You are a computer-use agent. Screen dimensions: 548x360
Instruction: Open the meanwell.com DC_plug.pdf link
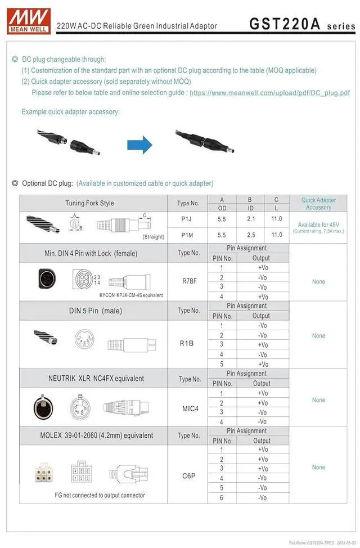pyautogui.click(x=269, y=93)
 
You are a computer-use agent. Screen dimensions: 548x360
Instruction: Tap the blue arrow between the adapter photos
pyautogui.click(x=139, y=145)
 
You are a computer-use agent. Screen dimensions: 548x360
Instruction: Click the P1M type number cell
pyautogui.click(x=187, y=235)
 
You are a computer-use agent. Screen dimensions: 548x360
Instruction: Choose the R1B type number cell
pyautogui.click(x=187, y=343)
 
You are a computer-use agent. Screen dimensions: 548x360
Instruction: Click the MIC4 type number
pyautogui.click(x=190, y=408)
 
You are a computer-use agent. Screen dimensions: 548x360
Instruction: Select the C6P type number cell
pyautogui.click(x=188, y=476)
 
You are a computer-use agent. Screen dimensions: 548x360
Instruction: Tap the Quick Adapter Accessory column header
pyautogui.click(x=318, y=204)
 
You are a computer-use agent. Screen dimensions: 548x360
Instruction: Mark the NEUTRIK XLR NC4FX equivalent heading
pyautogui.click(x=96, y=379)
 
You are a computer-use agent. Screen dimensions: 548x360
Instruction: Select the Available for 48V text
pyautogui.click(x=318, y=225)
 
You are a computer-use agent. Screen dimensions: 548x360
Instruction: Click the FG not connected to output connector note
pyautogui.click(x=100, y=495)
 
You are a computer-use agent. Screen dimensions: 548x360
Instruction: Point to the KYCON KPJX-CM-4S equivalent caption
pyautogui.click(x=131, y=295)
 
